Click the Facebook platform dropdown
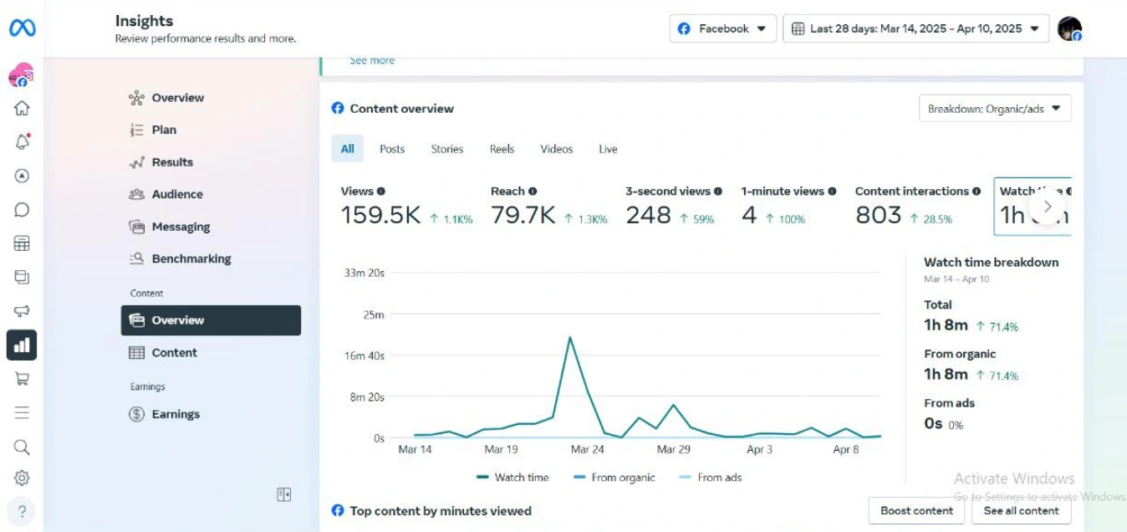[722, 28]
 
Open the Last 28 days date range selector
[915, 28]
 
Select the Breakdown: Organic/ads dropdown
[994, 109]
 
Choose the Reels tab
[502, 149]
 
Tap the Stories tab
[447, 149]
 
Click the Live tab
[608, 149]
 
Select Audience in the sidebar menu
[176, 194]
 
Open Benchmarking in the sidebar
[191, 258]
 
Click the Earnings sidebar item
[175, 414]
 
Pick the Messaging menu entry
[180, 227]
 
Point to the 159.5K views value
[380, 215]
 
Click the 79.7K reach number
[523, 215]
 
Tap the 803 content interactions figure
[878, 215]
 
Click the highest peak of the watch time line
[570, 337]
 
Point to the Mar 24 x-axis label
[587, 449]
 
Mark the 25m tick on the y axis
[374, 315]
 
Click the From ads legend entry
[719, 478]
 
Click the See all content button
[1021, 510]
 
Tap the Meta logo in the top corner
[23, 28]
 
